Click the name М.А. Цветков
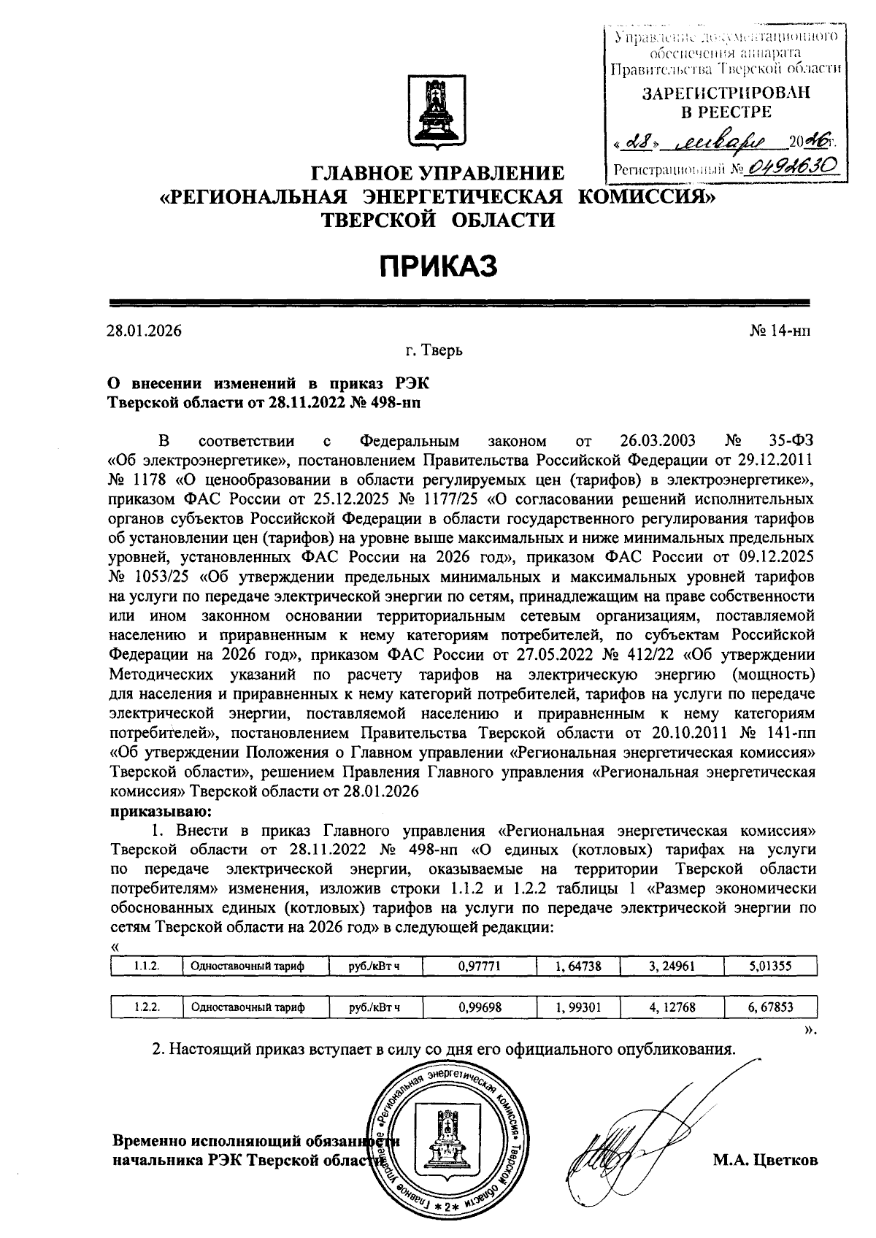(766, 1159)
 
